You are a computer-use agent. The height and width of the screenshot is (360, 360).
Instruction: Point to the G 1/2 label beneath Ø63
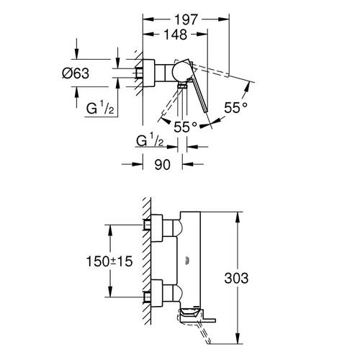[x=97, y=110]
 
